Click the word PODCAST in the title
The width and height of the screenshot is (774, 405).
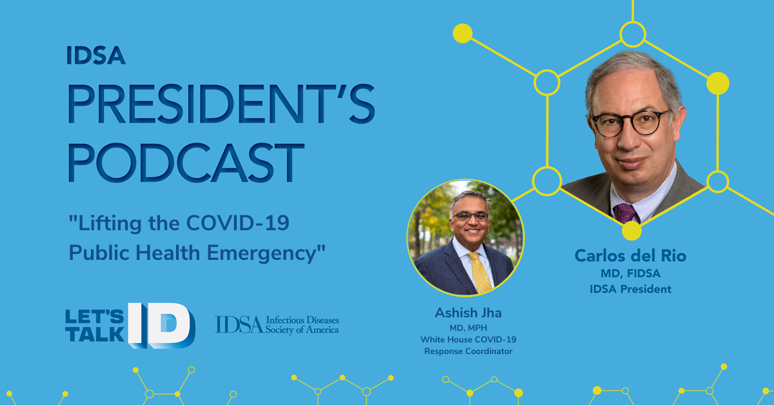click(186, 163)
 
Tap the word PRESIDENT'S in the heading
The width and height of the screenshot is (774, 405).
click(221, 104)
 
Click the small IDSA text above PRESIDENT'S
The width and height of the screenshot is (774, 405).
click(95, 55)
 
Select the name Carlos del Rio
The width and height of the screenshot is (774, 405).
click(631, 256)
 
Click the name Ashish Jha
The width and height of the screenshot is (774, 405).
click(468, 313)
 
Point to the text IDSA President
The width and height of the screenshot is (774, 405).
click(631, 289)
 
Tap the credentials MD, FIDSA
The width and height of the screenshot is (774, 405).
click(631, 273)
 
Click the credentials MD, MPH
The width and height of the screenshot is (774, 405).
click(468, 328)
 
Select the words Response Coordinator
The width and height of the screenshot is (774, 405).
click(468, 351)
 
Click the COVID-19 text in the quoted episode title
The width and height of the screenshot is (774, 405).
click(238, 223)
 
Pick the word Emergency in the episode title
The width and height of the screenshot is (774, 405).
click(262, 253)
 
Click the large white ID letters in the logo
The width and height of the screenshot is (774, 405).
click(162, 326)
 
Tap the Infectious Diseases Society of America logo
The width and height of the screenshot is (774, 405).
click(277, 325)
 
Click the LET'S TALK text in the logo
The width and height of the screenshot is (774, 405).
click(95, 326)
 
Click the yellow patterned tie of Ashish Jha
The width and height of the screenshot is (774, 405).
click(480, 272)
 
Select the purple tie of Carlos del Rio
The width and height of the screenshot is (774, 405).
click(626, 213)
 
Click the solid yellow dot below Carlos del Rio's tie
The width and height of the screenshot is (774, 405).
click(631, 231)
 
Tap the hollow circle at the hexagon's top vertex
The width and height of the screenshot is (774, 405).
click(633, 34)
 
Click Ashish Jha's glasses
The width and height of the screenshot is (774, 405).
click(471, 217)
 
